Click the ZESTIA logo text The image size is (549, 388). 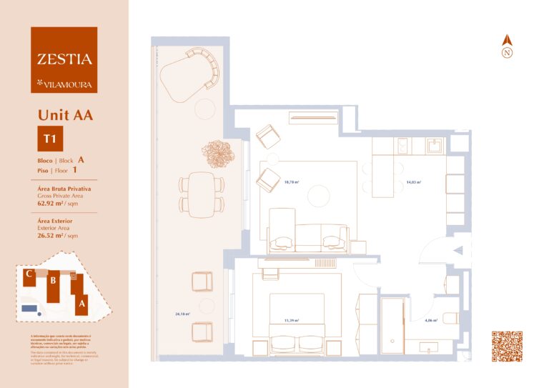coord(64,59)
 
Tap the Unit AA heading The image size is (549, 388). coord(65,114)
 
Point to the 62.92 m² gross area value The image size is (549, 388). coord(52,203)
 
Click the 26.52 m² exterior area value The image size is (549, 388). coord(52,234)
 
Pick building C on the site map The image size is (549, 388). coord(28,274)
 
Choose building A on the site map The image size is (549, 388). coord(81,302)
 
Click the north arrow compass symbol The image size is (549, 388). coord(508,46)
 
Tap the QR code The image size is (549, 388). coord(507,347)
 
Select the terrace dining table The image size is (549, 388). coord(203,194)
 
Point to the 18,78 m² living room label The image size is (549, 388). coord(291,182)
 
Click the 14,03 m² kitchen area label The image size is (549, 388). coord(413,183)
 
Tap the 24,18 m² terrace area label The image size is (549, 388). coord(182,314)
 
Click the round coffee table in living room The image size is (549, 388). coord(318,194)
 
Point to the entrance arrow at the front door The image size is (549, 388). coord(458,251)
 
